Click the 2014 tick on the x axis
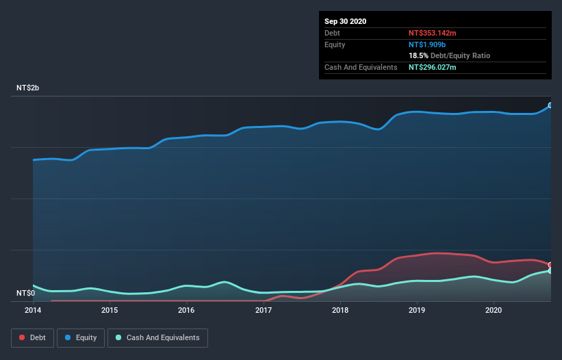pos(33,310)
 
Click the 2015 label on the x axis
pos(110,310)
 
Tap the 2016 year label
pos(186,310)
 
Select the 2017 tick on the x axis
pos(264,310)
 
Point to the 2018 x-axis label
pos(340,310)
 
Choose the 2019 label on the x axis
pos(417,310)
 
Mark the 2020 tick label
pos(494,310)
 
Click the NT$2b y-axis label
pos(29,88)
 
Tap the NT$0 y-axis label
pos(25,293)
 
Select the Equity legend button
pos(81,337)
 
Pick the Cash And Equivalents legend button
pos(157,337)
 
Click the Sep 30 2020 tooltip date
pos(346,21)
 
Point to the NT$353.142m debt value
pos(433,33)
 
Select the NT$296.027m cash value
pos(433,67)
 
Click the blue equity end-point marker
pos(550,105)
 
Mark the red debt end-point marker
pos(550,265)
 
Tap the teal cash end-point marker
pos(550,271)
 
